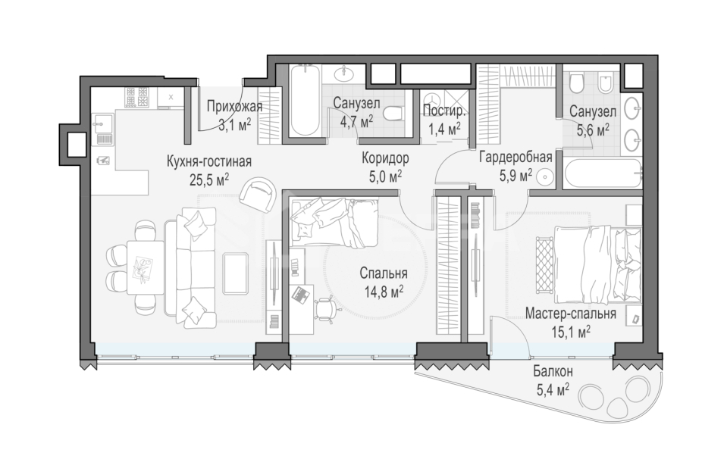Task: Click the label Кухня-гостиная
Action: tap(209, 161)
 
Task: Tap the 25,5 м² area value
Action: tap(209, 180)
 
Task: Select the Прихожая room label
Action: tap(234, 107)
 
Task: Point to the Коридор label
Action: tap(385, 158)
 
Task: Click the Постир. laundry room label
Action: tap(444, 111)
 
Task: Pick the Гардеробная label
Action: tap(516, 157)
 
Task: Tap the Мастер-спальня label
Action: tap(570, 314)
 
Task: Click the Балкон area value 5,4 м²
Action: tap(553, 389)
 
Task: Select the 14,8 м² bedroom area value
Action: tap(384, 292)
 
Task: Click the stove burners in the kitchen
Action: tap(136, 97)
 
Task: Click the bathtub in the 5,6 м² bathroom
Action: tap(603, 174)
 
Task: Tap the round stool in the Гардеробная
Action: tap(545, 177)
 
